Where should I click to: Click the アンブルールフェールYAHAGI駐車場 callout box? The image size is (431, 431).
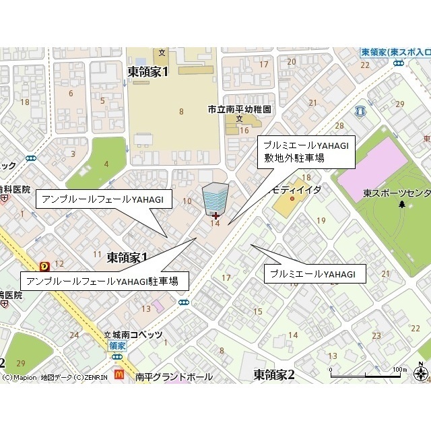click(x=105, y=281)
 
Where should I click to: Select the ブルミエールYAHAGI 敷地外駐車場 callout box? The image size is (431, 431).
click(x=306, y=151)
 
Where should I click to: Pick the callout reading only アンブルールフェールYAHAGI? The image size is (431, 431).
click(x=104, y=199)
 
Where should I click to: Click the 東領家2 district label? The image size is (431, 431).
click(x=274, y=374)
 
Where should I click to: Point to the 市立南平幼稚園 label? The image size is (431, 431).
click(x=238, y=108)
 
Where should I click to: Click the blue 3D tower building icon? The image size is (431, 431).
click(x=215, y=197)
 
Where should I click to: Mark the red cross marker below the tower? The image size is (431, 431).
click(x=215, y=215)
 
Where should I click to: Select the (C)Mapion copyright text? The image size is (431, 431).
click(x=20, y=377)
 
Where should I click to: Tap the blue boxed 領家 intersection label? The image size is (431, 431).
click(x=115, y=345)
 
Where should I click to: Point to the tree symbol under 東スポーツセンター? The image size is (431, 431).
click(x=402, y=203)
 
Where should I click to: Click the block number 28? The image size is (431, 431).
click(x=339, y=126)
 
